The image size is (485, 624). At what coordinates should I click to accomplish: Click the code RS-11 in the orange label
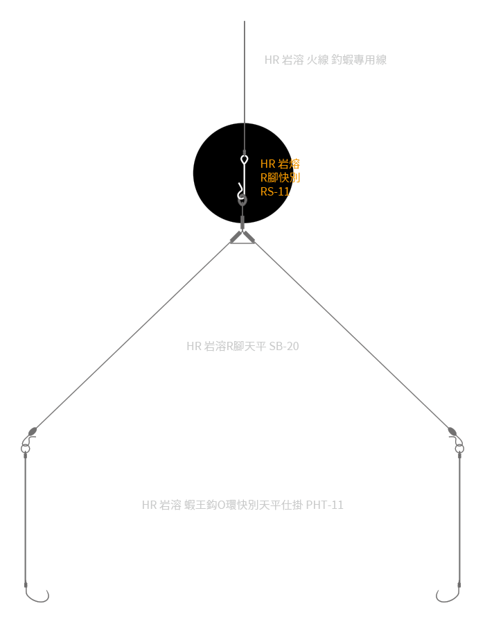pos(275,192)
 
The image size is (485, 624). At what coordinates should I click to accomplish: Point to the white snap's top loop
pos(244,160)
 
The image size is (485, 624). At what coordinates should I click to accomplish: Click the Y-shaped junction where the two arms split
pos(242,236)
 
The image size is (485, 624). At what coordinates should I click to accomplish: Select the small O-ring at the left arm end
pos(26,449)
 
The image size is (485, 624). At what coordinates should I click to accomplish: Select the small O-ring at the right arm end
pos(459,449)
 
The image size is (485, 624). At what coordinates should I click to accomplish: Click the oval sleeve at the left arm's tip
pos(32,431)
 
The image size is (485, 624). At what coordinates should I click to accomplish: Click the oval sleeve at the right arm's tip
pos(452,431)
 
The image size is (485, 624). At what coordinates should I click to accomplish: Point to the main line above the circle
pos(245,69)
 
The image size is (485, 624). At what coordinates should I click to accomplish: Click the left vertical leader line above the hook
pos(25,520)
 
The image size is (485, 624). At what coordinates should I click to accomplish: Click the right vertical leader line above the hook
pos(460,520)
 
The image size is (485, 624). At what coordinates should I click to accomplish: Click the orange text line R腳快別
pos(280,178)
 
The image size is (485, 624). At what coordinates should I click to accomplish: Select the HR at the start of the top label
pos(272,60)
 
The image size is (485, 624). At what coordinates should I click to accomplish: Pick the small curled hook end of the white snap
pos(240,187)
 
